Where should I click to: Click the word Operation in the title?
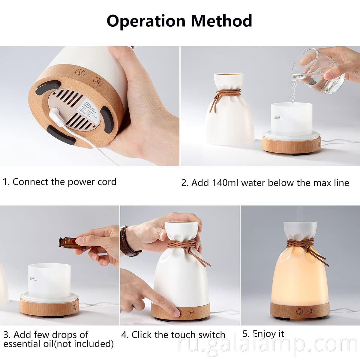point(146,21)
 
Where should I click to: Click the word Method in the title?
point(221,21)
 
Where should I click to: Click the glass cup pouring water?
point(319,72)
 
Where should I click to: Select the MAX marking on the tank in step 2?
point(277,117)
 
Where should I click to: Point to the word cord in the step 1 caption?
point(107,182)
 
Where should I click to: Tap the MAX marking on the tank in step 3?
point(32,278)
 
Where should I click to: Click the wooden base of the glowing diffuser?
point(299,310)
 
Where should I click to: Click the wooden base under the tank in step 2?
point(291,144)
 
